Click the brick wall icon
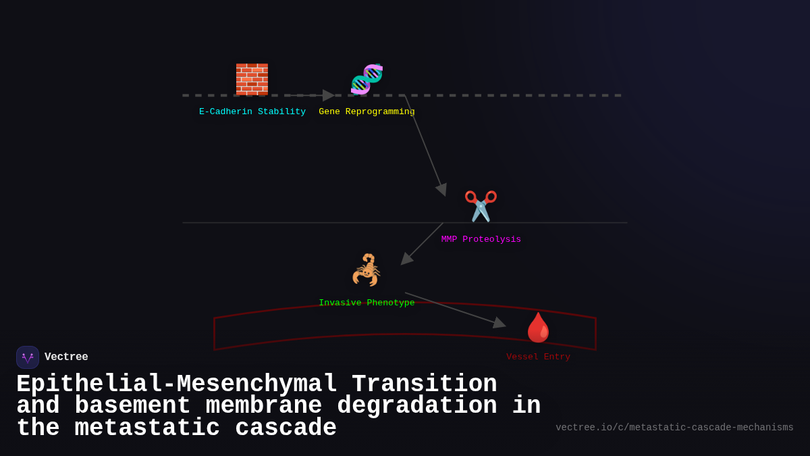pyautogui.click(x=252, y=79)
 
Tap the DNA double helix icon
pyautogui.click(x=367, y=79)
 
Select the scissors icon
pyautogui.click(x=481, y=206)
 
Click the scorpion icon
pyautogui.click(x=367, y=270)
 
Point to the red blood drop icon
pyautogui.click(x=538, y=328)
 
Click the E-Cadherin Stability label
pyautogui.click(x=252, y=111)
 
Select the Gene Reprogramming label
pyautogui.click(x=367, y=111)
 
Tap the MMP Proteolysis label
pyautogui.click(x=481, y=239)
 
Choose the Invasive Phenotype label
pyautogui.click(x=367, y=303)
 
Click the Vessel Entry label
pyautogui.click(x=538, y=357)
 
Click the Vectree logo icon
pyautogui.click(x=28, y=357)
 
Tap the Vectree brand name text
pyautogui.click(x=66, y=357)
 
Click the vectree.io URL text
pyautogui.click(x=674, y=428)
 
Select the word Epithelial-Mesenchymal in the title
pyautogui.click(x=176, y=384)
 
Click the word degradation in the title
pyautogui.click(x=416, y=406)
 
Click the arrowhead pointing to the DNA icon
pyautogui.click(x=329, y=95)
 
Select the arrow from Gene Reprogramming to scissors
pyautogui.click(x=425, y=145)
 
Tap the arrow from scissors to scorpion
pyautogui.click(x=423, y=243)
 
